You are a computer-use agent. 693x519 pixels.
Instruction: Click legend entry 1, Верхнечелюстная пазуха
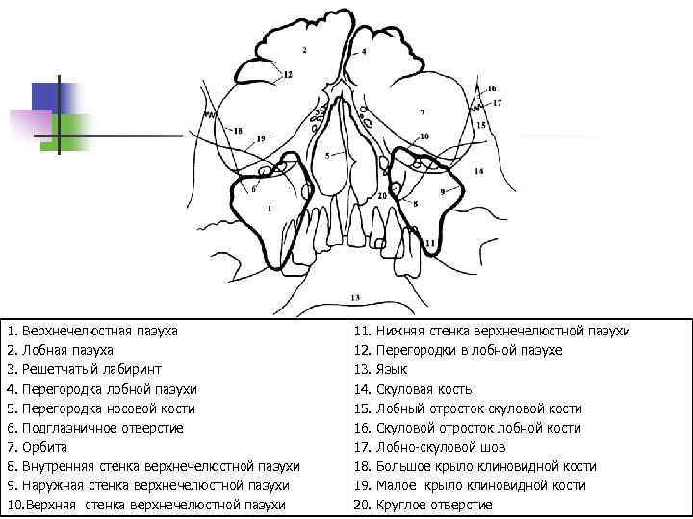(x=91, y=332)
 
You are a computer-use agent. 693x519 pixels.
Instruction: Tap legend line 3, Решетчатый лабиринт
(x=84, y=370)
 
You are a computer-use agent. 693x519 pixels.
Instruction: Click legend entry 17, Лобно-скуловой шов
(x=429, y=447)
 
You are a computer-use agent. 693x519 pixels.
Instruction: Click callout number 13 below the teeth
(x=355, y=296)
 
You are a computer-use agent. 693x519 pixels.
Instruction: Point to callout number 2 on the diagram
(x=304, y=48)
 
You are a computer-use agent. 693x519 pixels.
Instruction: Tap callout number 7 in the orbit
(x=422, y=112)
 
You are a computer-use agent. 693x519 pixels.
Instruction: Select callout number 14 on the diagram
(x=478, y=171)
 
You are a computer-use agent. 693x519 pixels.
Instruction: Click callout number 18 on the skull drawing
(x=238, y=131)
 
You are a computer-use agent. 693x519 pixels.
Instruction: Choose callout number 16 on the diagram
(x=492, y=88)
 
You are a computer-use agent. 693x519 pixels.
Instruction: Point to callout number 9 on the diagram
(x=443, y=192)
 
